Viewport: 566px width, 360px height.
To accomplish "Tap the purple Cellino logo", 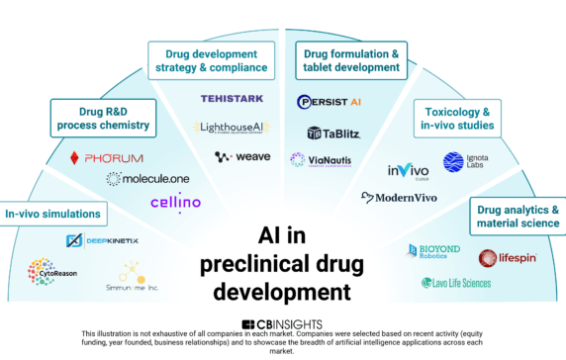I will point(175,203).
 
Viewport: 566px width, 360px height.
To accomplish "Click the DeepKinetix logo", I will point(100,240).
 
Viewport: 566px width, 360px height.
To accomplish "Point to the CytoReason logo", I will point(51,271).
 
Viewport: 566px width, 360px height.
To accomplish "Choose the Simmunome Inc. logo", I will point(132,276).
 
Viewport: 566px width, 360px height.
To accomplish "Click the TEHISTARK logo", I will point(232,100).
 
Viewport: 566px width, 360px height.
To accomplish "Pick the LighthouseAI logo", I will point(236,128).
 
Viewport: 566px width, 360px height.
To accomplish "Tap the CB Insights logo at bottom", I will point(282,324).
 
